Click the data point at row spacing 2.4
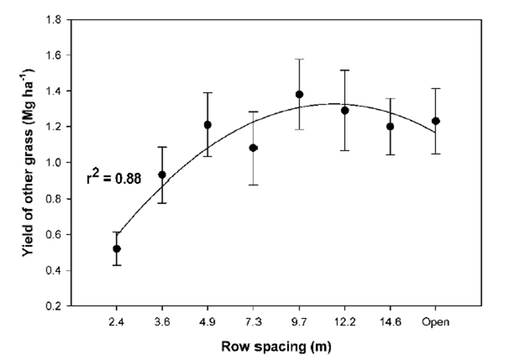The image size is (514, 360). point(117,249)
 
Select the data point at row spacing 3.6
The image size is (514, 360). point(163,175)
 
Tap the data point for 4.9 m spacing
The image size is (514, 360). point(207,125)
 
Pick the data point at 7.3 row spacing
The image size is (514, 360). point(254,148)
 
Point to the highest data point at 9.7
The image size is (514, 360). point(299,94)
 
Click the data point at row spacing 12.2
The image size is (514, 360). point(345,110)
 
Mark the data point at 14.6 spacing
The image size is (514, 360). point(390,126)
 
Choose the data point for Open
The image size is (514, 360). point(435,121)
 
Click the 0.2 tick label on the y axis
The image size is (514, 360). point(55,306)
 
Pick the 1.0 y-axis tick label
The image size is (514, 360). point(55,163)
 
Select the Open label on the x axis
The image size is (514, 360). point(435,322)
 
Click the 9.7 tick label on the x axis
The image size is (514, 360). point(299,322)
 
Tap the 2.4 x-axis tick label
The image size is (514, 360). point(117,322)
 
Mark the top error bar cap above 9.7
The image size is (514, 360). point(299,59)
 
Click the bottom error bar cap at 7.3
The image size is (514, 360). point(254,184)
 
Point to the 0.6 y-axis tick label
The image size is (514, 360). point(55,235)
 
